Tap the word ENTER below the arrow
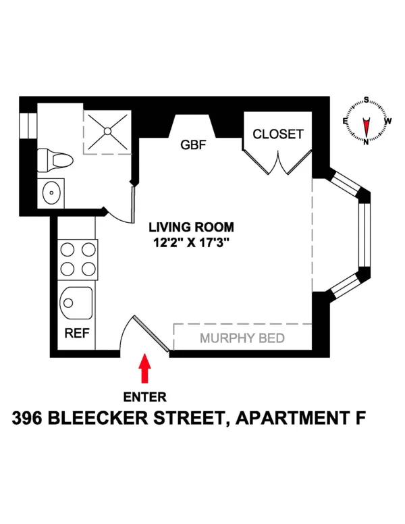click(144, 397)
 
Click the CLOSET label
click(278, 134)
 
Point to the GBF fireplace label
click(192, 145)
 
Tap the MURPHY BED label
click(242, 338)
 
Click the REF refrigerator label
click(73, 334)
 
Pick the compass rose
click(367, 122)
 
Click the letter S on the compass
click(367, 100)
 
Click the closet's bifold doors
click(277, 163)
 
